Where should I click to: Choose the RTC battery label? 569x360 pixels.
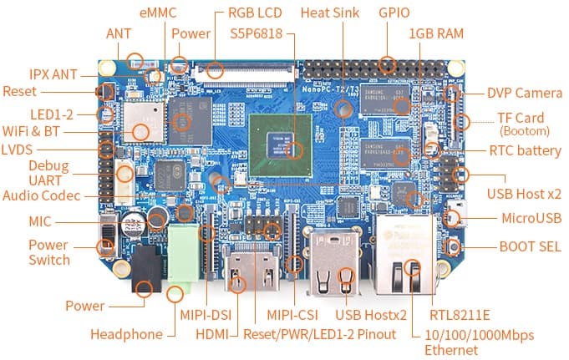click(525, 150)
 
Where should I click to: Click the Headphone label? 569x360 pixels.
click(126, 334)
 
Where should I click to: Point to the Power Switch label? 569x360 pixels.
click(48, 252)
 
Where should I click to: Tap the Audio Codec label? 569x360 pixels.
click(41, 195)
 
